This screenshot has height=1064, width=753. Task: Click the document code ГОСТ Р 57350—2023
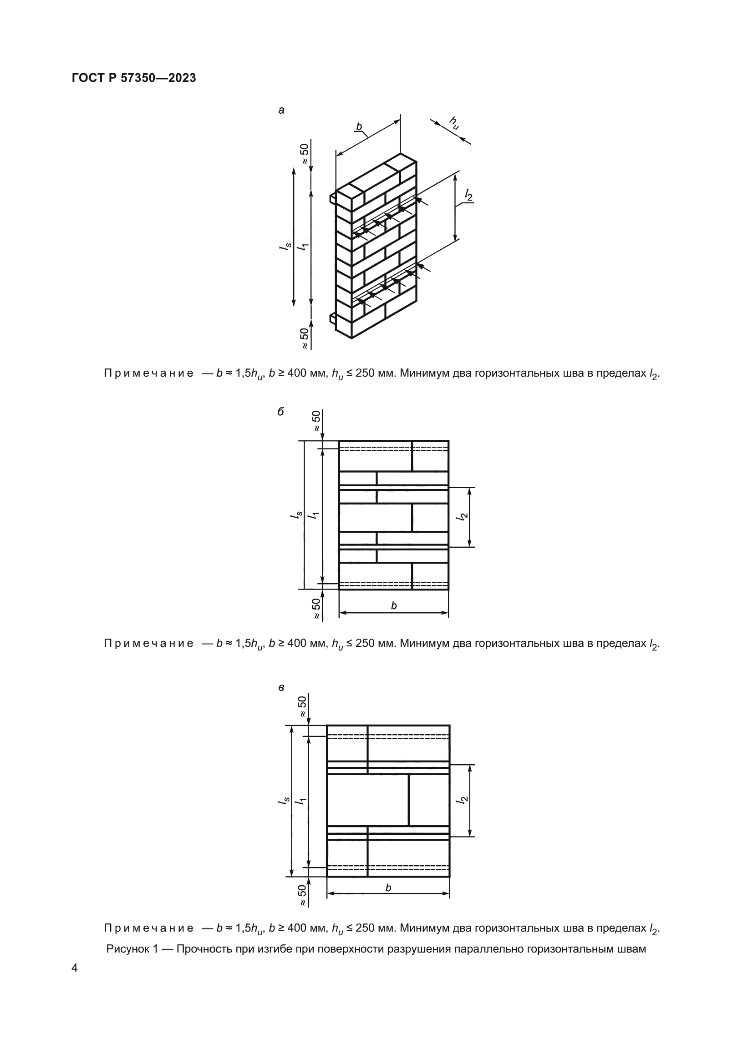coord(134,78)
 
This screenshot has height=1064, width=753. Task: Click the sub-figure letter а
coord(281,110)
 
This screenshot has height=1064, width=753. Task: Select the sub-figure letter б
coord(280,412)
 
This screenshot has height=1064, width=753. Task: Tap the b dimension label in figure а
coord(359,126)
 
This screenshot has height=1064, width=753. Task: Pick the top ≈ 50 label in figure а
coord(304,154)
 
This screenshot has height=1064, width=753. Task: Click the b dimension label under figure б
coord(394,605)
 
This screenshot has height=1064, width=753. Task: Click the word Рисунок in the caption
coord(126,948)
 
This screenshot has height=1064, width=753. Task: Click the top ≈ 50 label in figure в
coord(302,707)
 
